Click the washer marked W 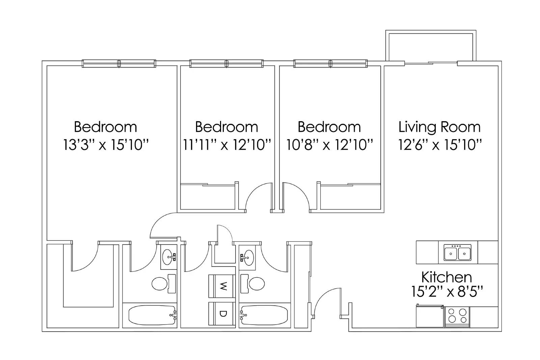tap(222, 286)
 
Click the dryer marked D tap(222, 314)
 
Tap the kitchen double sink tap(458, 253)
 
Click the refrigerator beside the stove tap(430, 316)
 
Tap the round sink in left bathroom tap(168, 258)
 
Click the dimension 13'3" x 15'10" tap(106, 145)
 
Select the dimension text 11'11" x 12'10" tap(227, 145)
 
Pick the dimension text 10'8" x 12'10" tap(329, 145)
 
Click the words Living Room tap(439, 127)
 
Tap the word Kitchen tap(446, 277)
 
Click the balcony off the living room tap(431, 46)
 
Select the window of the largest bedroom tap(119, 63)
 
